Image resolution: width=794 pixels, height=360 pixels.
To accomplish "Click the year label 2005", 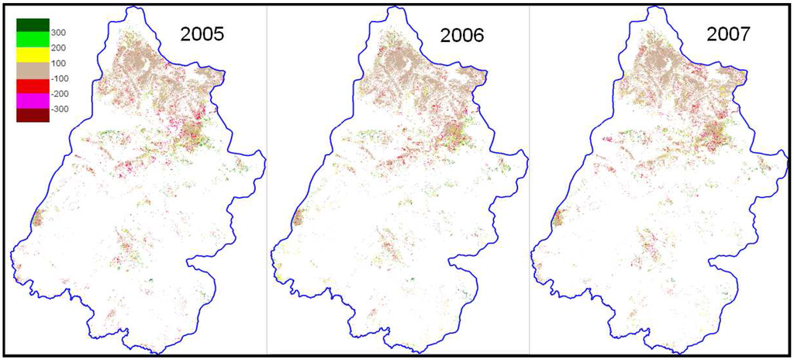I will pyautogui.click(x=202, y=34).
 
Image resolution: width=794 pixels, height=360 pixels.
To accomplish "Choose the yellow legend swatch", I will pyautogui.click(x=33, y=54).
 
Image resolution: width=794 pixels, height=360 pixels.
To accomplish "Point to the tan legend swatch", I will pyautogui.click(x=33, y=70).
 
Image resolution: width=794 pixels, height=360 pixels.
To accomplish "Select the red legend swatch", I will pyautogui.click(x=33, y=85).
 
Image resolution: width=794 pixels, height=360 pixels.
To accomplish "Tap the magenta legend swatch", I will pyautogui.click(x=33, y=100).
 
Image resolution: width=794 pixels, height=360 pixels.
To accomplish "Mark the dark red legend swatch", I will pyautogui.click(x=33, y=115).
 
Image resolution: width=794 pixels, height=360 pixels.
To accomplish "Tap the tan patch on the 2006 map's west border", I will pyautogui.click(x=299, y=216).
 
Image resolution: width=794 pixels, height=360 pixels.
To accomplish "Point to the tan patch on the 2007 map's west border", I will pyautogui.click(x=558, y=217).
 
